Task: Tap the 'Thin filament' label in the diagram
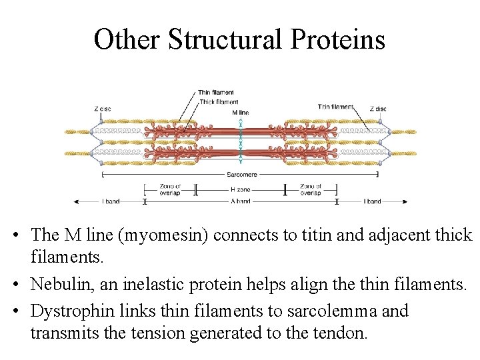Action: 215,92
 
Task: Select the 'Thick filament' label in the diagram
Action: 219,102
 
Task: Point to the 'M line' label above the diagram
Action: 240,113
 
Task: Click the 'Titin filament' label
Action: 335,107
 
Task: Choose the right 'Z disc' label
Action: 377,107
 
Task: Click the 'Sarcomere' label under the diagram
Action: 240,174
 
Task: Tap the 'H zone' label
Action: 240,190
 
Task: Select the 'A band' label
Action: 240,201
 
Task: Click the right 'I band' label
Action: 372,201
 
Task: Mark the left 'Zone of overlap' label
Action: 170,190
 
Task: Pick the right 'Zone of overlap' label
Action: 311,190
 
